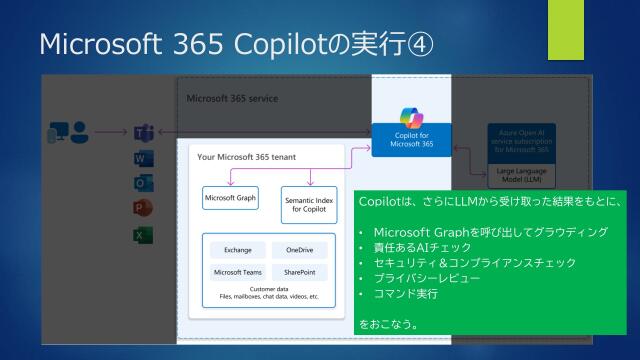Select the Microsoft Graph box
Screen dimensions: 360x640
click(230, 198)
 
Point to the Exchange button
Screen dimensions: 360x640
click(238, 249)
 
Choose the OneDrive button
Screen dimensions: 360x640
click(300, 249)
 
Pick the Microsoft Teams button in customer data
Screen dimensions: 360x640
click(238, 272)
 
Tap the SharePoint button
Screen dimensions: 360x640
click(300, 272)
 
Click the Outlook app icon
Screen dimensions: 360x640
click(142, 183)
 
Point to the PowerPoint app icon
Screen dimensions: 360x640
click(142, 208)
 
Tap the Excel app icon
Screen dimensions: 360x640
click(142, 234)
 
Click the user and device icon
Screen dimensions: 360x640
click(68, 132)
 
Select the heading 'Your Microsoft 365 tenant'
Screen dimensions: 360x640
click(240, 157)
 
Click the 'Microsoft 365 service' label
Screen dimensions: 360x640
click(232, 99)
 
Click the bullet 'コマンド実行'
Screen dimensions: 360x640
click(399, 294)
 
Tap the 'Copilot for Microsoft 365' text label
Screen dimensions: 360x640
click(413, 139)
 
